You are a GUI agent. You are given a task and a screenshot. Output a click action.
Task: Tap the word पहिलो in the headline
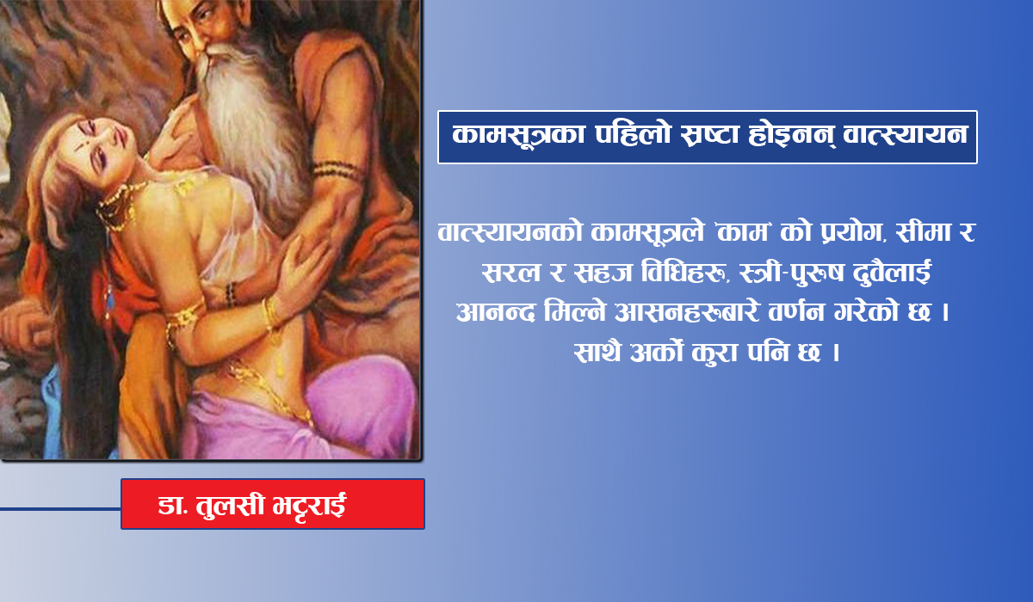(633, 134)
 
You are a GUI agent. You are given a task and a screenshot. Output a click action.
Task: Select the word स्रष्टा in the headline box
(709, 135)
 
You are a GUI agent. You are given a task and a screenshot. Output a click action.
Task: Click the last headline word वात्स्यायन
(905, 135)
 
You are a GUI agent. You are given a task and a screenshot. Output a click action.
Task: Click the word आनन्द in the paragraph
(495, 312)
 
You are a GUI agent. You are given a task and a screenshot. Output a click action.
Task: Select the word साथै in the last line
(597, 353)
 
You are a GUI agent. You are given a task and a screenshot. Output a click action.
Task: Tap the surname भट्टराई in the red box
(309, 505)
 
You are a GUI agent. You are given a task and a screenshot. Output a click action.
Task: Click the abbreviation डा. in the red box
(173, 506)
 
